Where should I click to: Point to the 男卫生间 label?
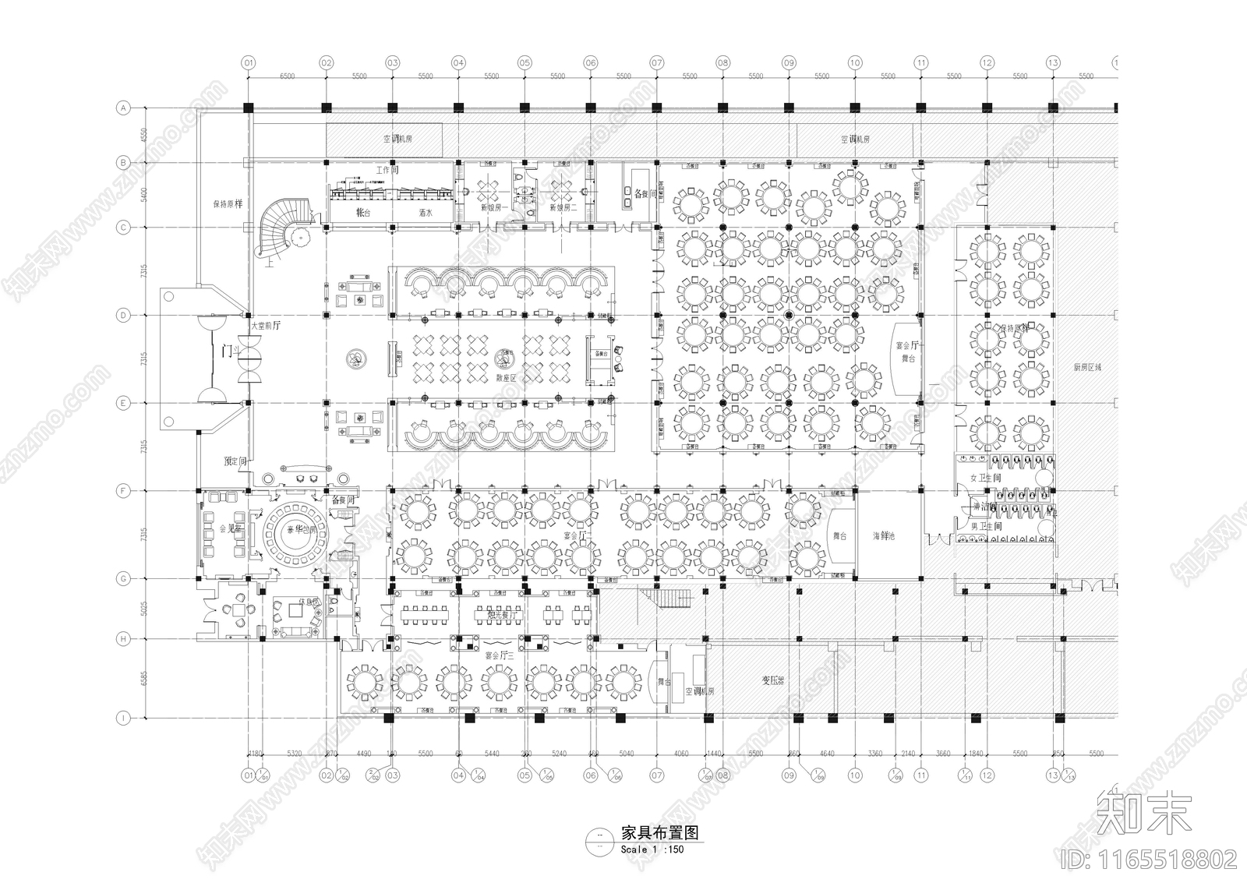click(984, 528)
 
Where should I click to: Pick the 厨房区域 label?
click(1086, 366)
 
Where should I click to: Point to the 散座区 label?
click(507, 377)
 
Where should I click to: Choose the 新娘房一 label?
click(493, 208)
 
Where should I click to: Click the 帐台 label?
click(363, 213)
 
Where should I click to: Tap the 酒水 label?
click(425, 213)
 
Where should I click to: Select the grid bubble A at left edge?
click(122, 108)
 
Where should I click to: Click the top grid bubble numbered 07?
click(657, 62)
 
